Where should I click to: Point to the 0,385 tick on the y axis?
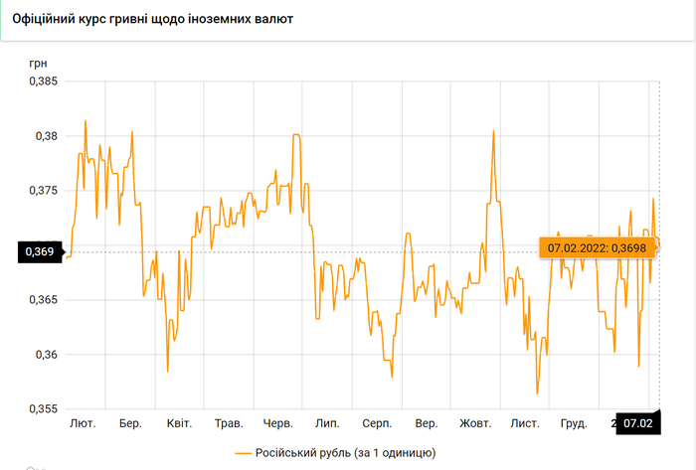pos(41,81)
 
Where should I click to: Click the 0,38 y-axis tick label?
pos(44,136)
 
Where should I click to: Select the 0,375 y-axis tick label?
pos(41,191)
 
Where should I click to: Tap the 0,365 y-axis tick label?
pos(41,300)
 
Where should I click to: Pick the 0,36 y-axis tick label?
pos(44,355)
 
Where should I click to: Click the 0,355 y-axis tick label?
pos(41,409)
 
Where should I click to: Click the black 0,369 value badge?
pos(39,252)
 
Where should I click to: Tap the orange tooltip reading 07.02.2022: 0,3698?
pos(599,246)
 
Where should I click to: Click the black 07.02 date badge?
pos(637,423)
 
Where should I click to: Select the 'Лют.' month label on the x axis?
pos(83,424)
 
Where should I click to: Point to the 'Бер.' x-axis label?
pos(130,424)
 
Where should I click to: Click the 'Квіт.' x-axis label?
pos(179,424)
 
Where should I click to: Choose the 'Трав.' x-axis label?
pos(230,424)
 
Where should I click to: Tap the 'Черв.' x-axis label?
pos(277,424)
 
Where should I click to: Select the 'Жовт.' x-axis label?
pos(475,424)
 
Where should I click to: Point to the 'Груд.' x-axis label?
pos(574,424)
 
